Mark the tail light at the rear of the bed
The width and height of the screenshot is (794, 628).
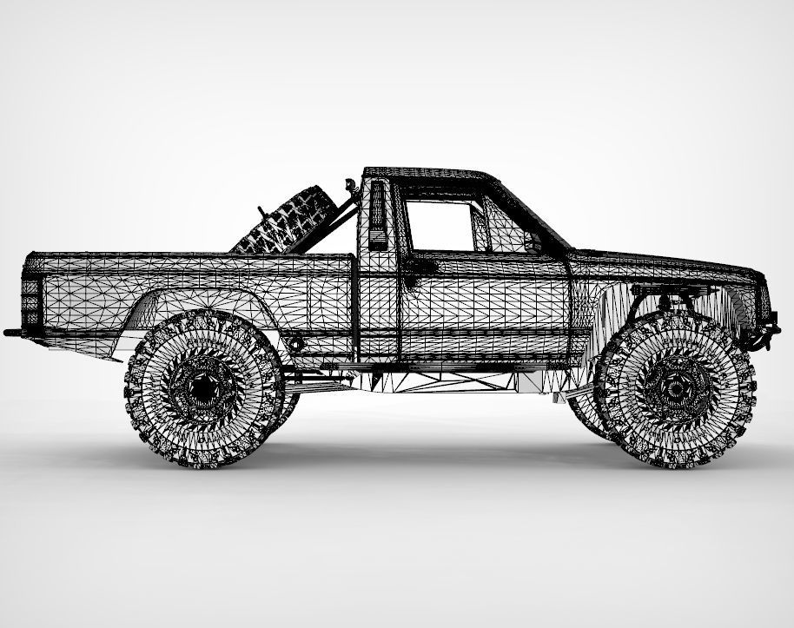point(30,296)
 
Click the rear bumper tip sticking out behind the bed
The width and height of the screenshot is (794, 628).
point(12,332)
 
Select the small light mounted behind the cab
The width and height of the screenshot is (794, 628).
point(352,184)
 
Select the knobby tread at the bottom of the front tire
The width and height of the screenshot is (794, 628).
point(678,459)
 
